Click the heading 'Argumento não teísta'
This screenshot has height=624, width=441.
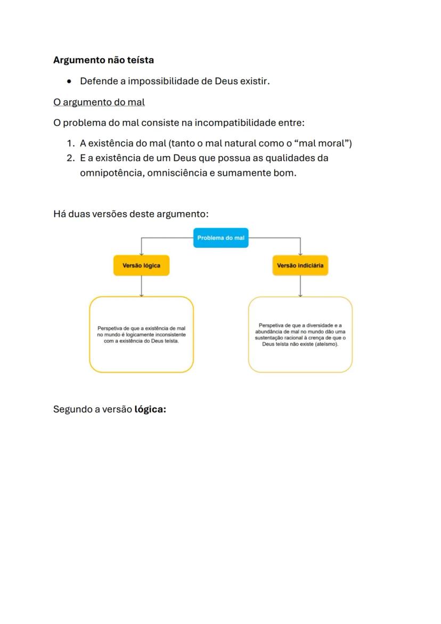point(103,60)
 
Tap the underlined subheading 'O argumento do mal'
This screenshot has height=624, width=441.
point(99,102)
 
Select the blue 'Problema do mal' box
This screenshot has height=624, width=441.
point(220,238)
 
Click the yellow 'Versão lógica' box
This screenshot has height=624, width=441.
point(141,265)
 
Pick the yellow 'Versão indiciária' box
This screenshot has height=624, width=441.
point(300,265)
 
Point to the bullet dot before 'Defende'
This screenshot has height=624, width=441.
point(70,82)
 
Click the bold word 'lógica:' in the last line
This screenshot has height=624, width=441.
point(150,409)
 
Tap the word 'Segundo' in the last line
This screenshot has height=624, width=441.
point(72,409)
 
